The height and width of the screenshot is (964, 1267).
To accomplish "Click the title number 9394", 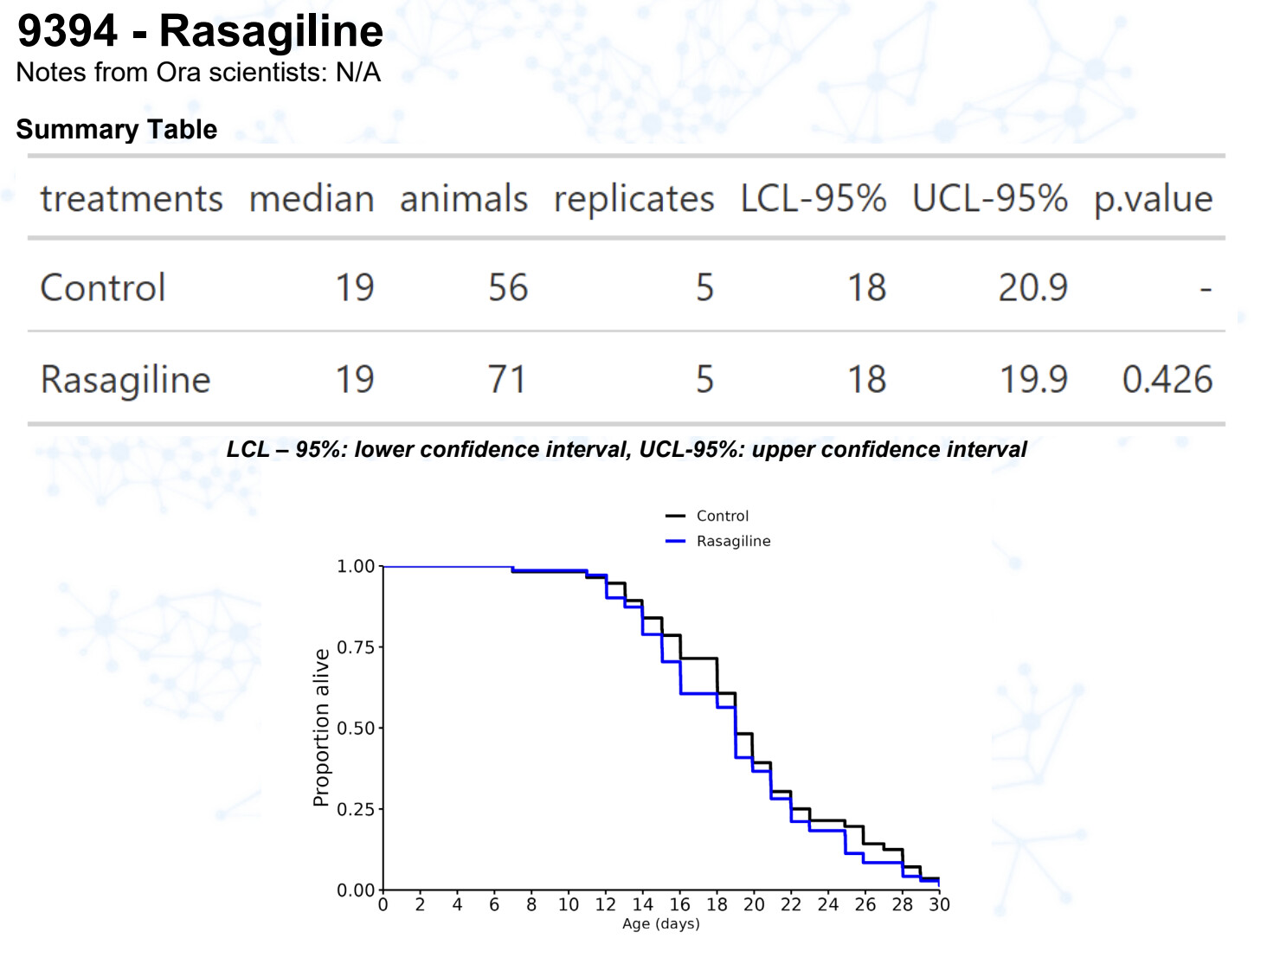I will (x=68, y=31).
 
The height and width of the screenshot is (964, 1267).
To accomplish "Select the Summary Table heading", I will (x=117, y=130).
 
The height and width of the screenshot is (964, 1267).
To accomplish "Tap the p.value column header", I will (x=1153, y=199).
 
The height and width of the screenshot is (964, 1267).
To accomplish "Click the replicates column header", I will (x=633, y=199).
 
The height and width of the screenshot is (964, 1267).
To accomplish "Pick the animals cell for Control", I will (x=507, y=288).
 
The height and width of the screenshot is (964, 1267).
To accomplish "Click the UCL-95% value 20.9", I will (x=1032, y=288).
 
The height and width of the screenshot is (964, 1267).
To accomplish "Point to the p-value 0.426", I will (x=1167, y=380).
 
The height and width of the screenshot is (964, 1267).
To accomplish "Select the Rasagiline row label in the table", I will (x=125, y=380).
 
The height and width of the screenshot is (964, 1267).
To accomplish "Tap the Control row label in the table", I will (x=103, y=288).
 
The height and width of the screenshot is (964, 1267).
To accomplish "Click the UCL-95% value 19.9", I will (x=1033, y=380).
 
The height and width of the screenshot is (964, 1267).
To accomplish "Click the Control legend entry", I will (x=722, y=516).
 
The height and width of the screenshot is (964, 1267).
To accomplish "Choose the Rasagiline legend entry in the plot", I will (x=733, y=541).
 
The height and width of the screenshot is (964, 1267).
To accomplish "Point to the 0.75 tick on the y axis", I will (x=356, y=647).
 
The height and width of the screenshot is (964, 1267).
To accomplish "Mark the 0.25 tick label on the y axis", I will (x=356, y=809).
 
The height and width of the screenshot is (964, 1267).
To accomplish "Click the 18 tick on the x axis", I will (x=717, y=904).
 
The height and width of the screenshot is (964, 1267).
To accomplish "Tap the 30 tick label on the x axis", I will (x=939, y=904).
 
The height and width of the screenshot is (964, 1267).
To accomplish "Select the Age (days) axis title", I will (x=661, y=924).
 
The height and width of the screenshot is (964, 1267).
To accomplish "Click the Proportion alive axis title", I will (x=321, y=728).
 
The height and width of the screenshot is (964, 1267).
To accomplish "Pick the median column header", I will (x=312, y=199).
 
